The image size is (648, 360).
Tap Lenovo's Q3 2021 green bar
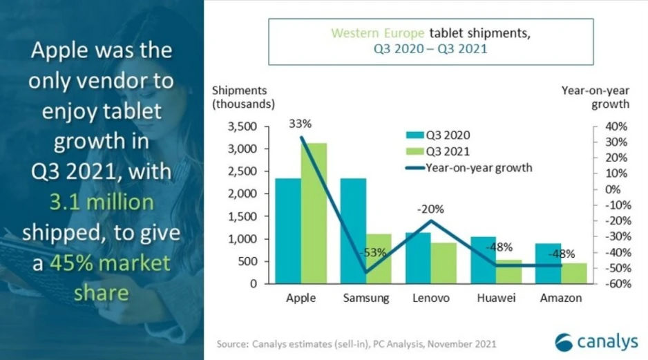(444, 263)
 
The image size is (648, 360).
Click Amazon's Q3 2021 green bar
(573, 273)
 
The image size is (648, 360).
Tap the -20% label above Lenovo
(431, 209)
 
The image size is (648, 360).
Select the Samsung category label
(366, 299)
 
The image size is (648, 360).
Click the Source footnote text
(356, 343)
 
